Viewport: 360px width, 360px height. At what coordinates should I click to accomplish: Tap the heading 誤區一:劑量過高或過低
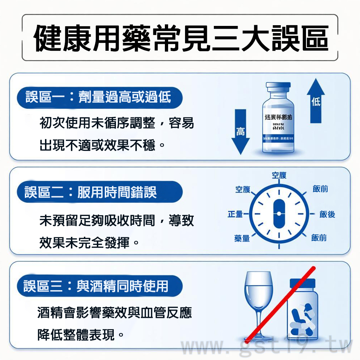click(98, 97)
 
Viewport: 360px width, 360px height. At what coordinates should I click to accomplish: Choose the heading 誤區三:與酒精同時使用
click(96, 286)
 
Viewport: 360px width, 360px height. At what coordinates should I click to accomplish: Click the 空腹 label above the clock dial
click(279, 175)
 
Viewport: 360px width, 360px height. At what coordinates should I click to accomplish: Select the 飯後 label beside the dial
click(327, 215)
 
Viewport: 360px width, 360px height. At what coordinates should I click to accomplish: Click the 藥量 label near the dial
click(242, 238)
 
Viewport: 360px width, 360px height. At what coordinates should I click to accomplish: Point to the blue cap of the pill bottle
click(302, 283)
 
